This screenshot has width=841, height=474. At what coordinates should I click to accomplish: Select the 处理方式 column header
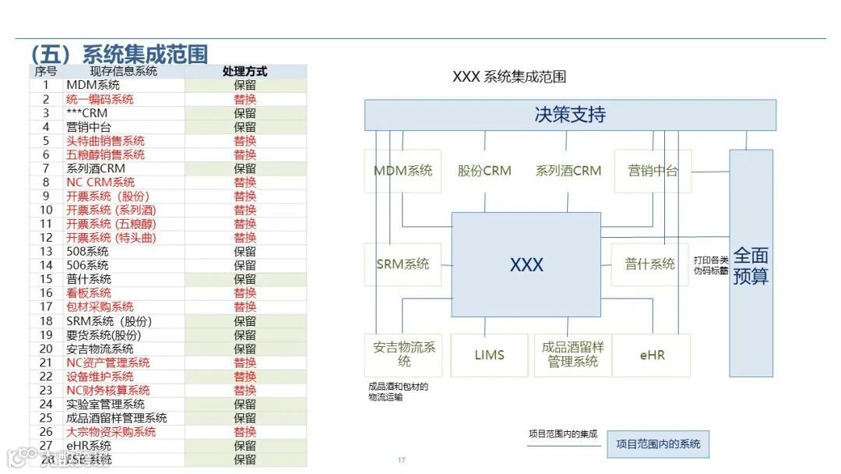tap(245, 71)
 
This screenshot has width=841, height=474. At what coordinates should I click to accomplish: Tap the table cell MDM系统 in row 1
tap(93, 85)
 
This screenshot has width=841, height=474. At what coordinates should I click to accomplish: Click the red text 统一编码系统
tap(100, 99)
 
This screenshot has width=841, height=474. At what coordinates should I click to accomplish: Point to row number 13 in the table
tap(46, 251)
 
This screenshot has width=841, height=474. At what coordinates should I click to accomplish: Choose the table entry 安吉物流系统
tap(100, 348)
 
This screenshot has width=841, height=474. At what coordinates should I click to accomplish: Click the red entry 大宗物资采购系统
tap(111, 432)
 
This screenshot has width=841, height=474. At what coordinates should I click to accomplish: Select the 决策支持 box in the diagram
tap(570, 115)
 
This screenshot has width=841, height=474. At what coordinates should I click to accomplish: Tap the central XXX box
tap(526, 264)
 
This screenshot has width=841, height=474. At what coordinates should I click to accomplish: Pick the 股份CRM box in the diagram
tap(484, 171)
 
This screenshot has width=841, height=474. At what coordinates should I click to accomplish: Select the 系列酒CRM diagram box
tap(568, 171)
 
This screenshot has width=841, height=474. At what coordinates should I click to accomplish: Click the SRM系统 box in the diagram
tap(403, 264)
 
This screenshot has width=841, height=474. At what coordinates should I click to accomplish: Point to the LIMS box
tap(489, 355)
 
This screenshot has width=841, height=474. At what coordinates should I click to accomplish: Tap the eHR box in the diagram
tap(652, 355)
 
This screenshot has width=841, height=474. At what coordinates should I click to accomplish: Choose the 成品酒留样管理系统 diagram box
tap(572, 355)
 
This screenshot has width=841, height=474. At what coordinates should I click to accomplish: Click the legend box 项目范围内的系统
tap(657, 444)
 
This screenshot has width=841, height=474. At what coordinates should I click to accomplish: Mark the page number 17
tap(401, 460)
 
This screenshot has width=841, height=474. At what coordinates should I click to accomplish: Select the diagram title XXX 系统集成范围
tap(508, 76)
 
